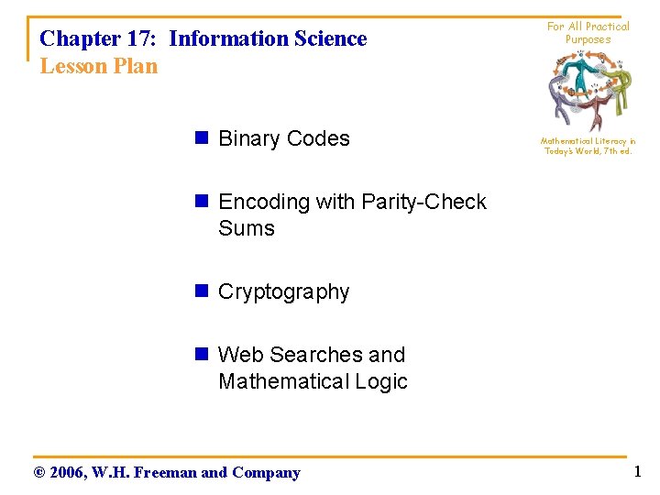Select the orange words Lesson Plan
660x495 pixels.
[x=99, y=67]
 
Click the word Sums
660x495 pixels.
[x=247, y=228]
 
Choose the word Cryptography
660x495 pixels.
[x=284, y=292]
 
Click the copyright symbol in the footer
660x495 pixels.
[x=38, y=473]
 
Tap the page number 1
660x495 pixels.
[x=637, y=472]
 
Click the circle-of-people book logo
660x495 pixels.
[x=588, y=91]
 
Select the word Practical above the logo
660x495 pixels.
[x=608, y=27]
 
